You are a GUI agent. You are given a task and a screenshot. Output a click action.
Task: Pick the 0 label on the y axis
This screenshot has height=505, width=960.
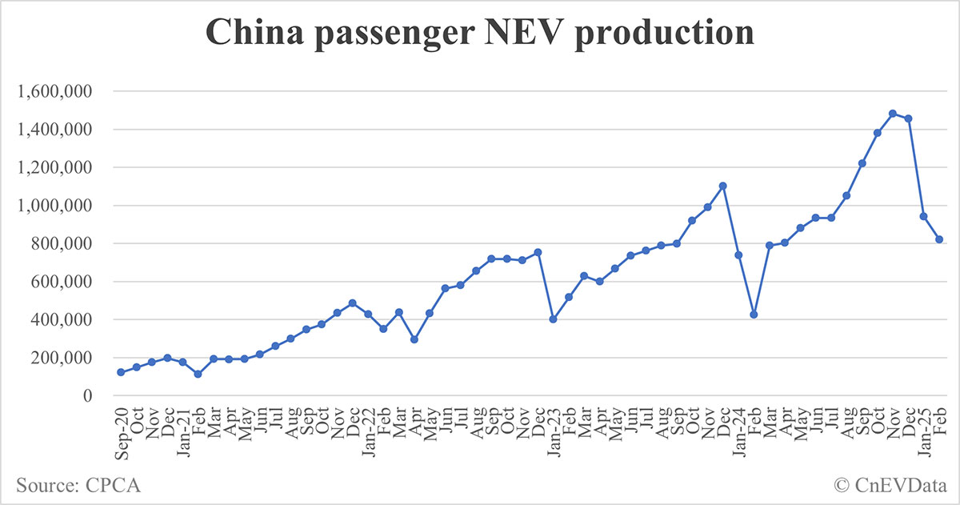pos(90,395)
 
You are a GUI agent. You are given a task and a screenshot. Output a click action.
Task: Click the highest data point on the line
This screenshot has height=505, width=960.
pos(893,114)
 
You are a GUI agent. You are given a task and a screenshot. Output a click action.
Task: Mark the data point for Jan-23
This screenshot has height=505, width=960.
pos(553,319)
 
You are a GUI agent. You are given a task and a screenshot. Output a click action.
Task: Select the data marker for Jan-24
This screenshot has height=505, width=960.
pos(738,255)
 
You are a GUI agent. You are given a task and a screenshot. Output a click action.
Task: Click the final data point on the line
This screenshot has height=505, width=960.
pos(939,239)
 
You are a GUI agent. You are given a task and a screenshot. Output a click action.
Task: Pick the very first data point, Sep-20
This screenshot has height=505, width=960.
pos(121,372)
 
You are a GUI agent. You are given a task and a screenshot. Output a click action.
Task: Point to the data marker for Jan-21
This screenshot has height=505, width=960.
pos(182,362)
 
